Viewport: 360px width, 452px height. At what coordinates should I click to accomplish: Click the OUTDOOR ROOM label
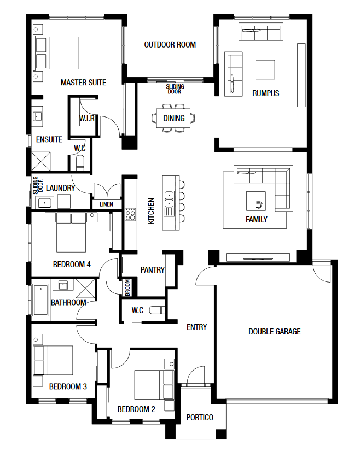point(170,45)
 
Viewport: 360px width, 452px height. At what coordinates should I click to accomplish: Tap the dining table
point(173,118)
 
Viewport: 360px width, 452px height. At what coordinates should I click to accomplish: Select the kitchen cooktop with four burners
point(130,214)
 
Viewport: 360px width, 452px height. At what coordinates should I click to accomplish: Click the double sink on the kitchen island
point(169,199)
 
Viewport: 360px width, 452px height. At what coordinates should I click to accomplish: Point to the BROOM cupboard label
point(127,287)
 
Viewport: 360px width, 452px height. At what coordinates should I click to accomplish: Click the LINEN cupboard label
point(106,204)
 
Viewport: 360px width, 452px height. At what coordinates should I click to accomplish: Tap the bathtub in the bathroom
point(40,300)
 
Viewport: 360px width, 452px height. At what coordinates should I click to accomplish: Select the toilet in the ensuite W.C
point(80,163)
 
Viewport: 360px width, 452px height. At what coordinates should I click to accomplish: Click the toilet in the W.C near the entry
point(157,310)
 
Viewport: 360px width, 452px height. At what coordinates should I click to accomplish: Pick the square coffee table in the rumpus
point(265,69)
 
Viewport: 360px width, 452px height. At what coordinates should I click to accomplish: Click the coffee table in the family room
point(256,201)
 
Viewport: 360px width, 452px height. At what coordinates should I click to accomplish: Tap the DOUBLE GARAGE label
point(274,332)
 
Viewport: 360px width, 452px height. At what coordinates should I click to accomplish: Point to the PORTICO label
point(200,418)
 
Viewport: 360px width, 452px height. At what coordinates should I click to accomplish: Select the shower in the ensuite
point(40,161)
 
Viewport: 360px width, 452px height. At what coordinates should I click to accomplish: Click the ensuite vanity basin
point(38,116)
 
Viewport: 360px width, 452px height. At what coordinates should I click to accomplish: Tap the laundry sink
point(44,203)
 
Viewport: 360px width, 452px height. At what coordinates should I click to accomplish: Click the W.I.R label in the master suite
point(87,118)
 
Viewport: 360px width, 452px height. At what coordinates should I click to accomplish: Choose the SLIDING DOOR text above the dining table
point(175,89)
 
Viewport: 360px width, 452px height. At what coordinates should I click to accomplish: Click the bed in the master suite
point(56,53)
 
